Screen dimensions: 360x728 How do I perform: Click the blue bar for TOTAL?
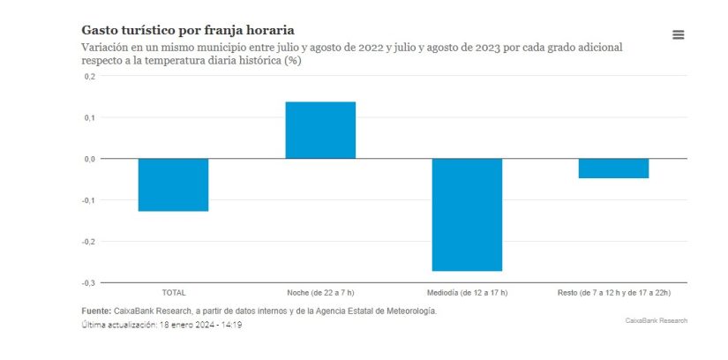click(x=174, y=184)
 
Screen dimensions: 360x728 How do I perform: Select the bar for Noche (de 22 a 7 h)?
click(x=320, y=131)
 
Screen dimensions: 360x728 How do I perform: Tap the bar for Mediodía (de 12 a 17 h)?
click(x=467, y=214)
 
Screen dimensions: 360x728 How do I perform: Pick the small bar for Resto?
click(x=613, y=169)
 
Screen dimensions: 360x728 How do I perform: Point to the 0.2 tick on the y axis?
click(x=89, y=77)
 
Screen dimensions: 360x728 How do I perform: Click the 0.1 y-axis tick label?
click(x=89, y=117)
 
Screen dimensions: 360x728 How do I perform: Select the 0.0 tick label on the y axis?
click(x=89, y=159)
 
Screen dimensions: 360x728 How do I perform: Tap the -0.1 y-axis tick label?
click(x=88, y=200)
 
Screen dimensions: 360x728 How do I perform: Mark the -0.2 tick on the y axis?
click(x=88, y=242)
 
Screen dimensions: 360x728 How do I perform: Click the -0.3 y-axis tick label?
click(x=88, y=282)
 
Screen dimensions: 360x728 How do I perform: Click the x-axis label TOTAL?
click(x=174, y=292)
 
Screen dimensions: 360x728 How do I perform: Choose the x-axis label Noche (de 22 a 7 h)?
click(x=320, y=292)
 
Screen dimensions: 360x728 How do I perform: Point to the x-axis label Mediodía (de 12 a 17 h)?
click(x=467, y=292)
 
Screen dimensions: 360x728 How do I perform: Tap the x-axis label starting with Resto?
click(x=613, y=292)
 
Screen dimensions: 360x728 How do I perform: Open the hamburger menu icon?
click(x=679, y=34)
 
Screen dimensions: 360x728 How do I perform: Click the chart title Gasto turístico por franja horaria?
click(x=188, y=31)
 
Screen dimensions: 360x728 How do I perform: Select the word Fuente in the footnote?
click(x=95, y=311)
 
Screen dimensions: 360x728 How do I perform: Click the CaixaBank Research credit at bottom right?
click(x=656, y=320)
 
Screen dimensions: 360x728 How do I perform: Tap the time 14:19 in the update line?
click(x=230, y=325)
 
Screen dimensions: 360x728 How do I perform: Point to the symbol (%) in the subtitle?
click(x=293, y=60)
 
